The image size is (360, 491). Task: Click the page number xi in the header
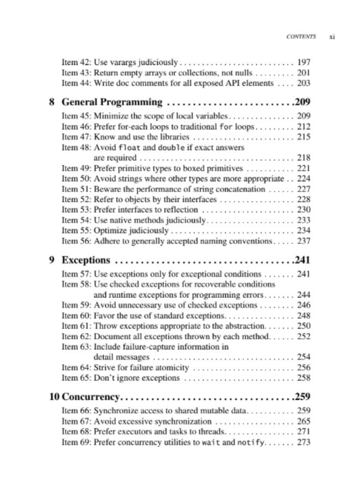coord(332,37)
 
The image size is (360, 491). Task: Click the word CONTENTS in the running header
coord(301,37)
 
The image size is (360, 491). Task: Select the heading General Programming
coord(112,102)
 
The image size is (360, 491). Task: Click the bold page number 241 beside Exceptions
coord(302,260)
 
